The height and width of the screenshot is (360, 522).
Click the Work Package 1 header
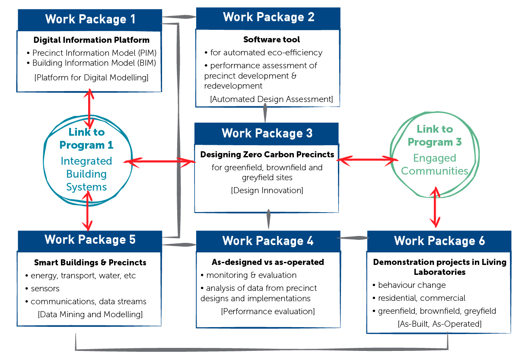[x=90, y=19]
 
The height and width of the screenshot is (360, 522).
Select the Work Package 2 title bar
[x=268, y=18]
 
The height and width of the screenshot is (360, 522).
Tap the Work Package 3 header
[x=267, y=134]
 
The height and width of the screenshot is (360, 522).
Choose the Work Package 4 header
[x=268, y=241]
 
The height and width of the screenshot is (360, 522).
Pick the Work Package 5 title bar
[x=90, y=241]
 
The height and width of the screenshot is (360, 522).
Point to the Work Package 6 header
[x=439, y=241]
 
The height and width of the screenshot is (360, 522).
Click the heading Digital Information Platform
[x=91, y=40]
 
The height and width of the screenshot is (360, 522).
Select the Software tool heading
[x=271, y=40]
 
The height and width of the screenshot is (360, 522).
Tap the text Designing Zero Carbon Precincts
[x=267, y=154]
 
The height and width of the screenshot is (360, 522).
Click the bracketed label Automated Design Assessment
[x=271, y=99]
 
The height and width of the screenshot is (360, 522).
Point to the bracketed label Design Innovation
[x=267, y=190]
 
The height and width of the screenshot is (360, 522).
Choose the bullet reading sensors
[x=43, y=289]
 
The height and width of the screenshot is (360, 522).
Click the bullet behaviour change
[x=409, y=285]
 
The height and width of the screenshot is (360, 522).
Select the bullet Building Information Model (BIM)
[x=91, y=63]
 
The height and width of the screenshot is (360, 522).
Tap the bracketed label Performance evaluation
[x=268, y=311]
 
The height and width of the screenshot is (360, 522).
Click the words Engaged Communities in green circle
[x=435, y=165]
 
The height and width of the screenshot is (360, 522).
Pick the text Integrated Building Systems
[x=86, y=174]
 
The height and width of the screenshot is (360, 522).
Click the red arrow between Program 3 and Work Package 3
[x=367, y=159]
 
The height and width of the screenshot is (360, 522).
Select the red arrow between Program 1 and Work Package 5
[x=87, y=211]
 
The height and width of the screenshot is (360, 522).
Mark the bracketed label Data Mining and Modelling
[x=90, y=314]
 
